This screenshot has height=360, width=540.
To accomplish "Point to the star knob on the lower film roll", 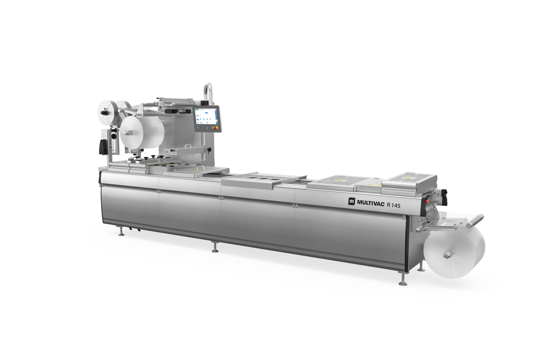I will point(447,255).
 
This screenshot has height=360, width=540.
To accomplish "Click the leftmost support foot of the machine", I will point(121,233).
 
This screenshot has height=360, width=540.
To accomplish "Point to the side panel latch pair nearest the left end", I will point(157,191).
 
